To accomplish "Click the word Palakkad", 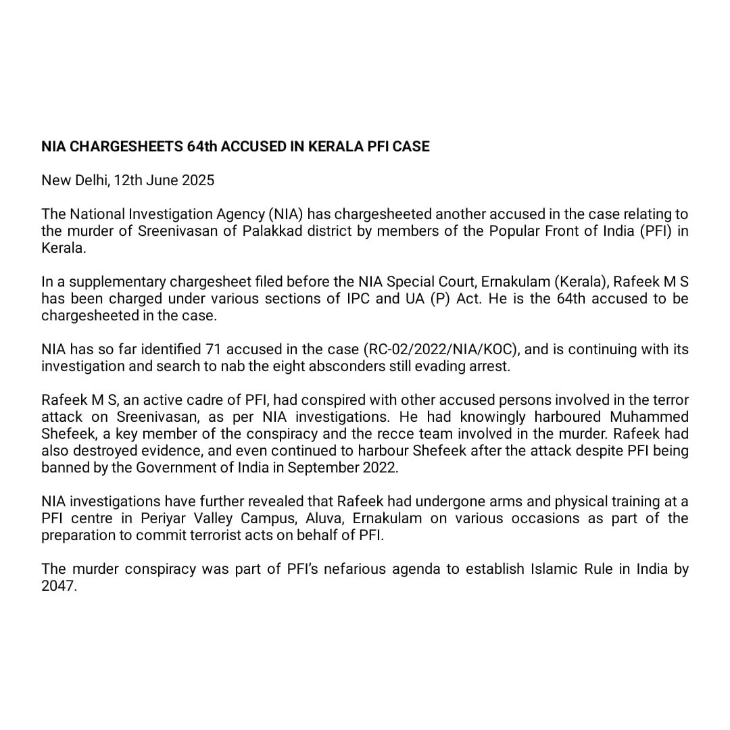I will click(x=274, y=231).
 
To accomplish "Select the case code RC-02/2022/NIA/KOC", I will click(x=441, y=349).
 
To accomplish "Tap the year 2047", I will click(x=59, y=586).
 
